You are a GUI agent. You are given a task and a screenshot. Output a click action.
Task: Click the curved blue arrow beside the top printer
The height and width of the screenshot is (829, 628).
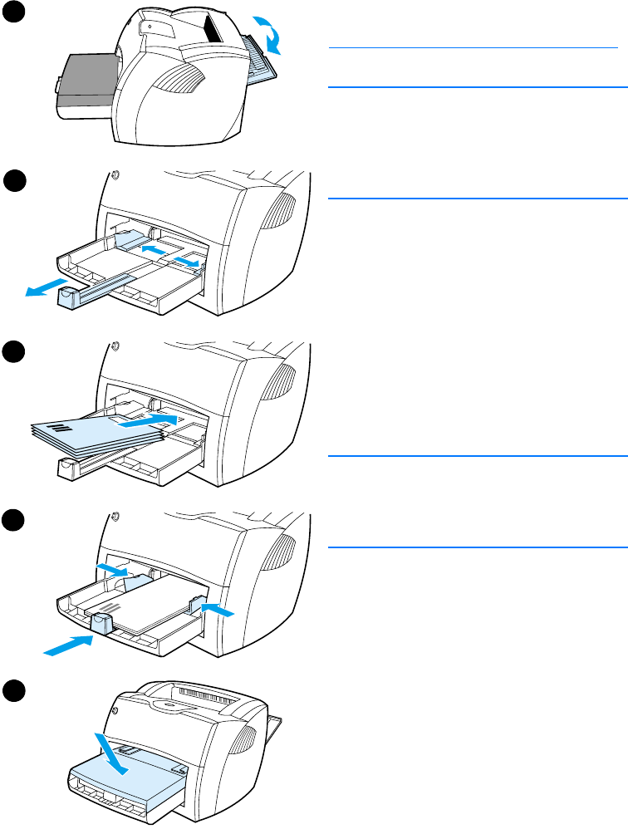(271, 34)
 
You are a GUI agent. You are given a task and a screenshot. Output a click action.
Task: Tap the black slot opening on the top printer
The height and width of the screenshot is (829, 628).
(215, 30)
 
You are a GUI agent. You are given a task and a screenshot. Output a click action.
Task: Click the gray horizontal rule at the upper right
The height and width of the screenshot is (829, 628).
(477, 49)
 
